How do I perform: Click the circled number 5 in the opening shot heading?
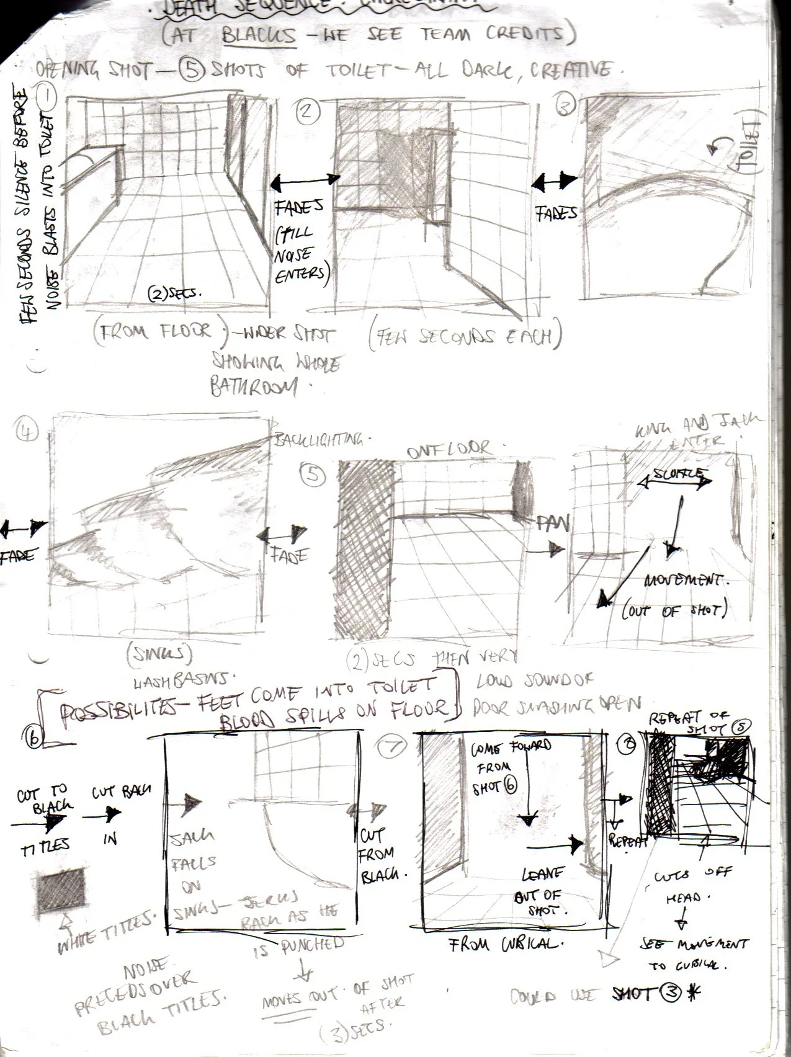[188, 71]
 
